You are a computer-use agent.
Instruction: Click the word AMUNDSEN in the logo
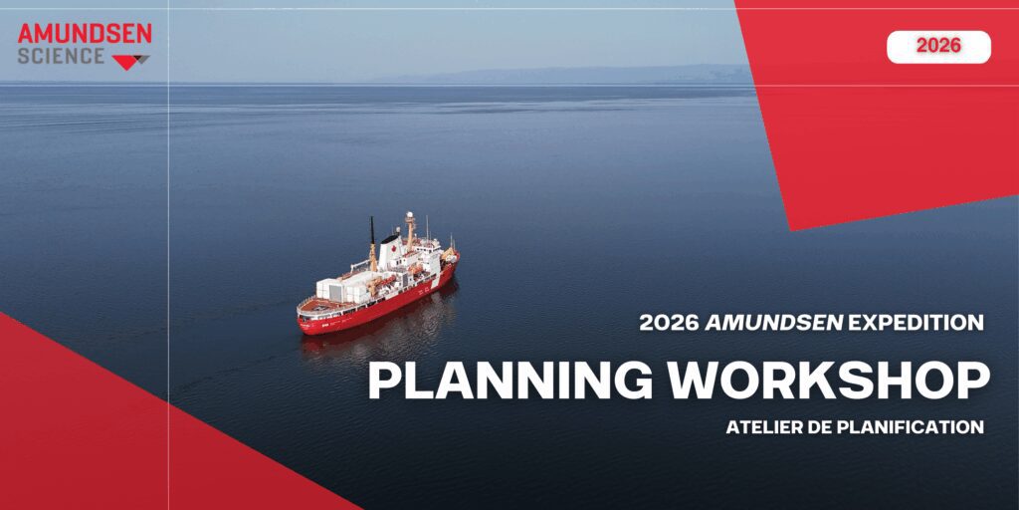(85, 34)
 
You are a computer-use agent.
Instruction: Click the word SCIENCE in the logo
(61, 57)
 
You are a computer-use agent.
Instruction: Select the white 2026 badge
(938, 46)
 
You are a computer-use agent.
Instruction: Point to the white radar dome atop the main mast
(409, 216)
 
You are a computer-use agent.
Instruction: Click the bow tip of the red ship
(457, 259)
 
